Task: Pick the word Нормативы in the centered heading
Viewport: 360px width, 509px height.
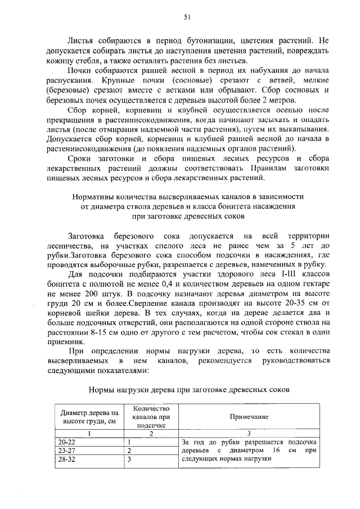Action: tap(92, 197)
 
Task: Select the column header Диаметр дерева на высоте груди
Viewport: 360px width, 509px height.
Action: tap(89, 417)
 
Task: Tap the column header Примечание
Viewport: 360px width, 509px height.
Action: tap(247, 417)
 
